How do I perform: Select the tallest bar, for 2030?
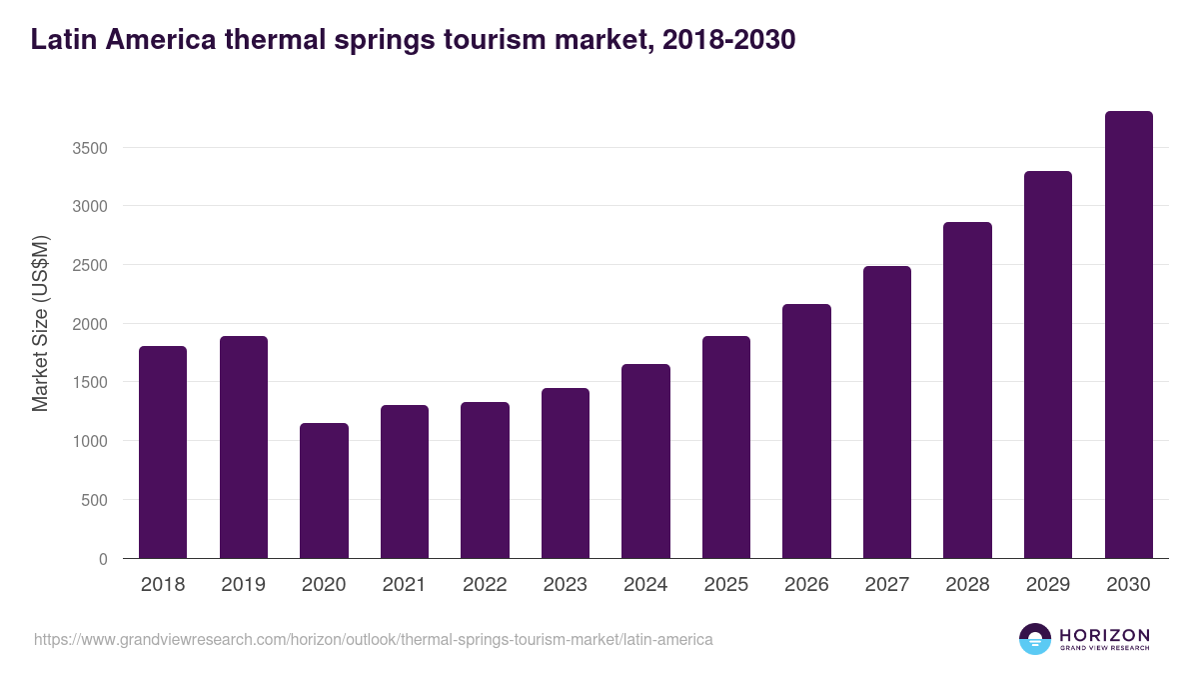point(1128,335)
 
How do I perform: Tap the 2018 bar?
point(163,452)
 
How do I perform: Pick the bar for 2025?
point(725,447)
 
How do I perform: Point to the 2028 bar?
point(967,390)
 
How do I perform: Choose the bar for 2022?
point(485,480)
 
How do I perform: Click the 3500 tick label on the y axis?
point(89,148)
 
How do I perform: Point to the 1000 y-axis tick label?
point(89,441)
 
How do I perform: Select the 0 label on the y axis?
point(102,559)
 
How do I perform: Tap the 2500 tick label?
point(89,265)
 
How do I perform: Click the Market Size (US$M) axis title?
point(40,323)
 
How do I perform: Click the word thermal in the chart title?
point(272,39)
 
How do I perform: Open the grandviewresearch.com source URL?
point(373,639)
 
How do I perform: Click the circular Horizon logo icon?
point(1034,639)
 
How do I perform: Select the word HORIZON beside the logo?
point(1104,634)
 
